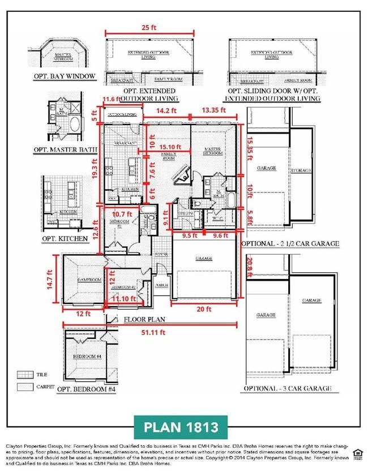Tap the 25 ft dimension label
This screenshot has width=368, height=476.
coord(149,27)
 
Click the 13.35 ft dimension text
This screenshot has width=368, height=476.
coord(214,110)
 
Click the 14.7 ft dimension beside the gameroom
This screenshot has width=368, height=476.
coord(56,280)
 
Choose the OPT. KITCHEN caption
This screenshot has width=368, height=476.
coord(65,238)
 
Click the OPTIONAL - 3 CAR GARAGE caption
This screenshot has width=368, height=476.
coord(287,389)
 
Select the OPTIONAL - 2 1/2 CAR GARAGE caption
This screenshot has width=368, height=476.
coord(290,243)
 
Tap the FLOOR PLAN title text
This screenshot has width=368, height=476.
coord(144,319)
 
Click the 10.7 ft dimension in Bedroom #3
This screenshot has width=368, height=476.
coord(121,214)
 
